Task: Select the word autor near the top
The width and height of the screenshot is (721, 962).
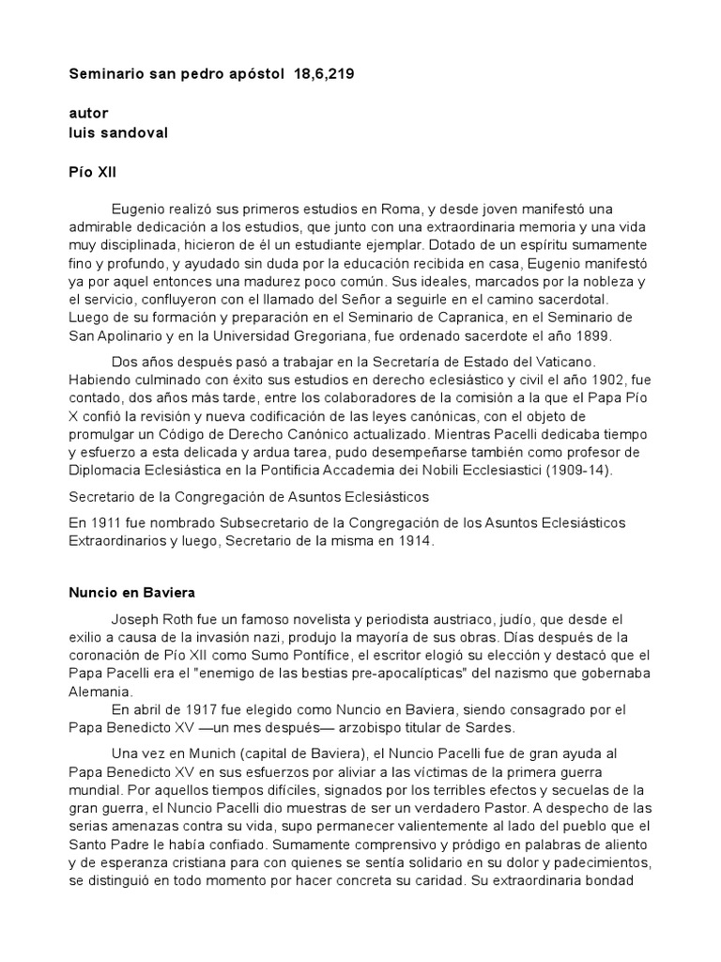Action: tap(88, 113)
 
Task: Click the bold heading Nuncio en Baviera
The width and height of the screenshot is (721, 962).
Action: tap(130, 594)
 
